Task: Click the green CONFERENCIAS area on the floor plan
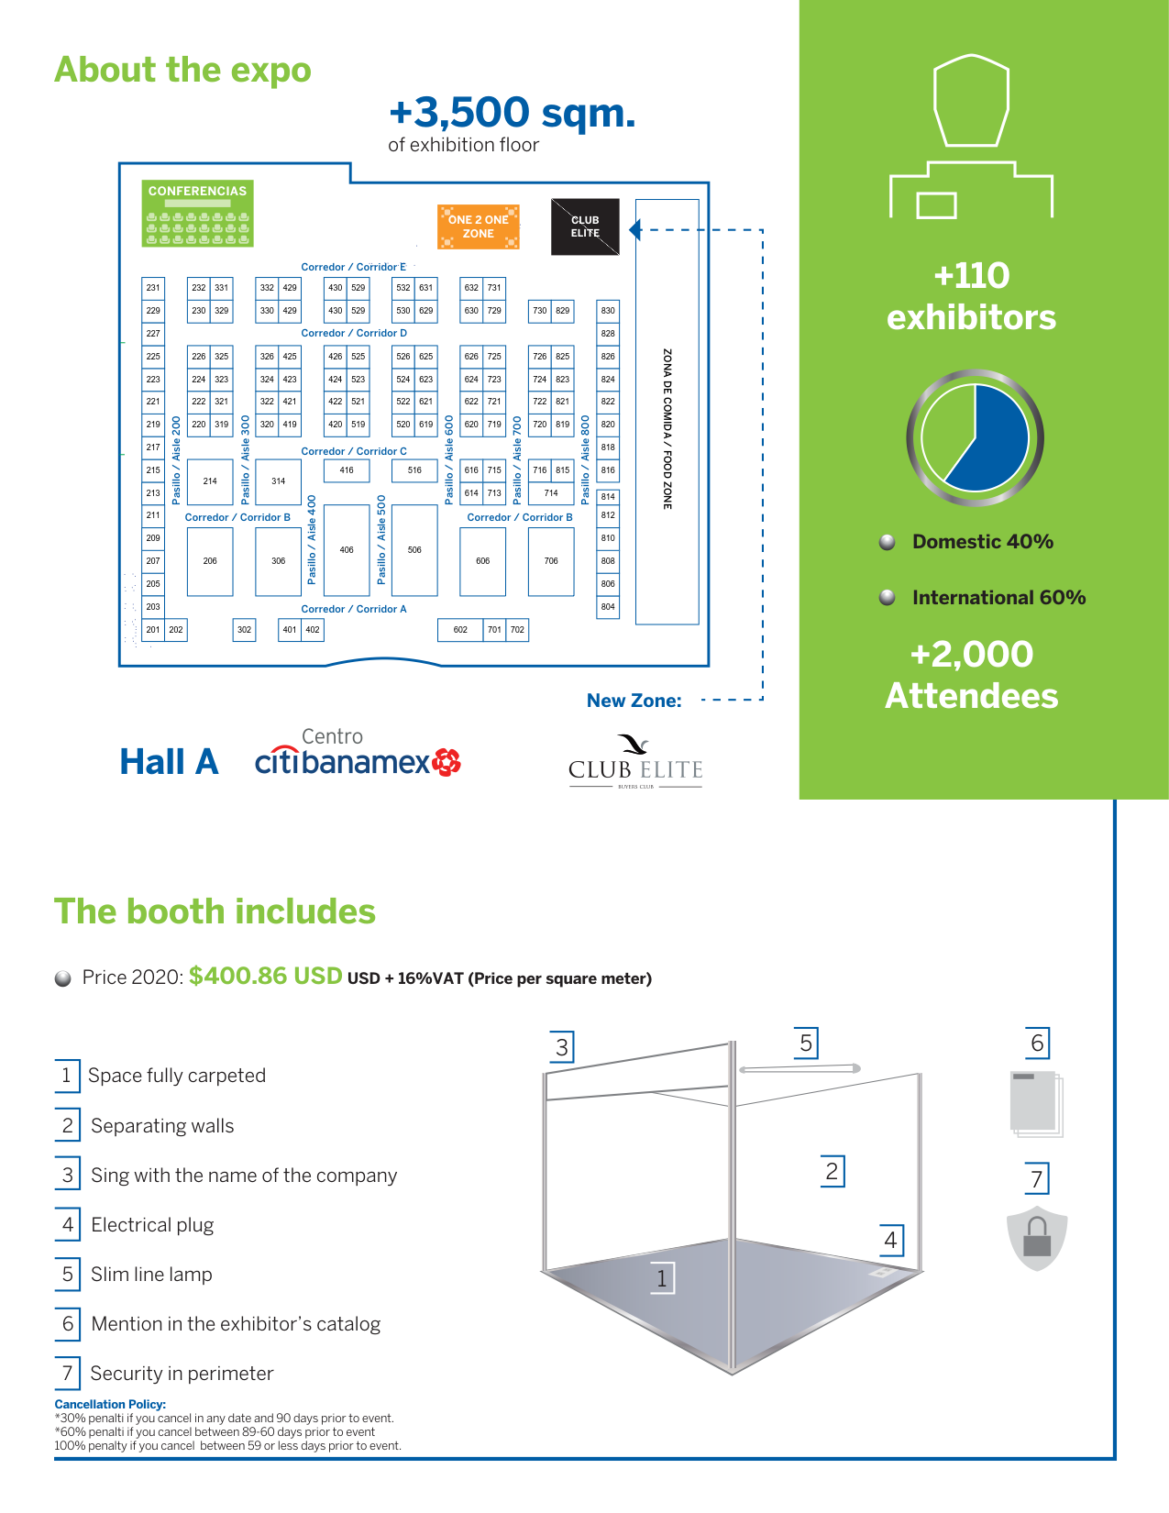tap(197, 214)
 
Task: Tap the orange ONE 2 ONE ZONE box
tap(479, 226)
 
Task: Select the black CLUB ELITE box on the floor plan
tap(585, 226)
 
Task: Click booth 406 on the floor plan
tap(347, 550)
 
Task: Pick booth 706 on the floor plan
tap(551, 561)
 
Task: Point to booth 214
tap(210, 481)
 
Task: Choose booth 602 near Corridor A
tap(460, 630)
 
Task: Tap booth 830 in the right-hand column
tap(608, 311)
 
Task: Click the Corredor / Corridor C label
tap(354, 451)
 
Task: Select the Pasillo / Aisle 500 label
tap(381, 540)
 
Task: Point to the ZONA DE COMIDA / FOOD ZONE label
tap(667, 429)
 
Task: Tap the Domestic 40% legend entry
tap(982, 542)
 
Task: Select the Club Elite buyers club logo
tap(635, 762)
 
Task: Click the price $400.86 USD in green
tap(266, 976)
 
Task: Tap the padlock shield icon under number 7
tap(1037, 1238)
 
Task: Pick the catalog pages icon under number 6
tap(1036, 1103)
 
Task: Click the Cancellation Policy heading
tap(110, 1404)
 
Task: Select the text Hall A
tap(170, 762)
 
